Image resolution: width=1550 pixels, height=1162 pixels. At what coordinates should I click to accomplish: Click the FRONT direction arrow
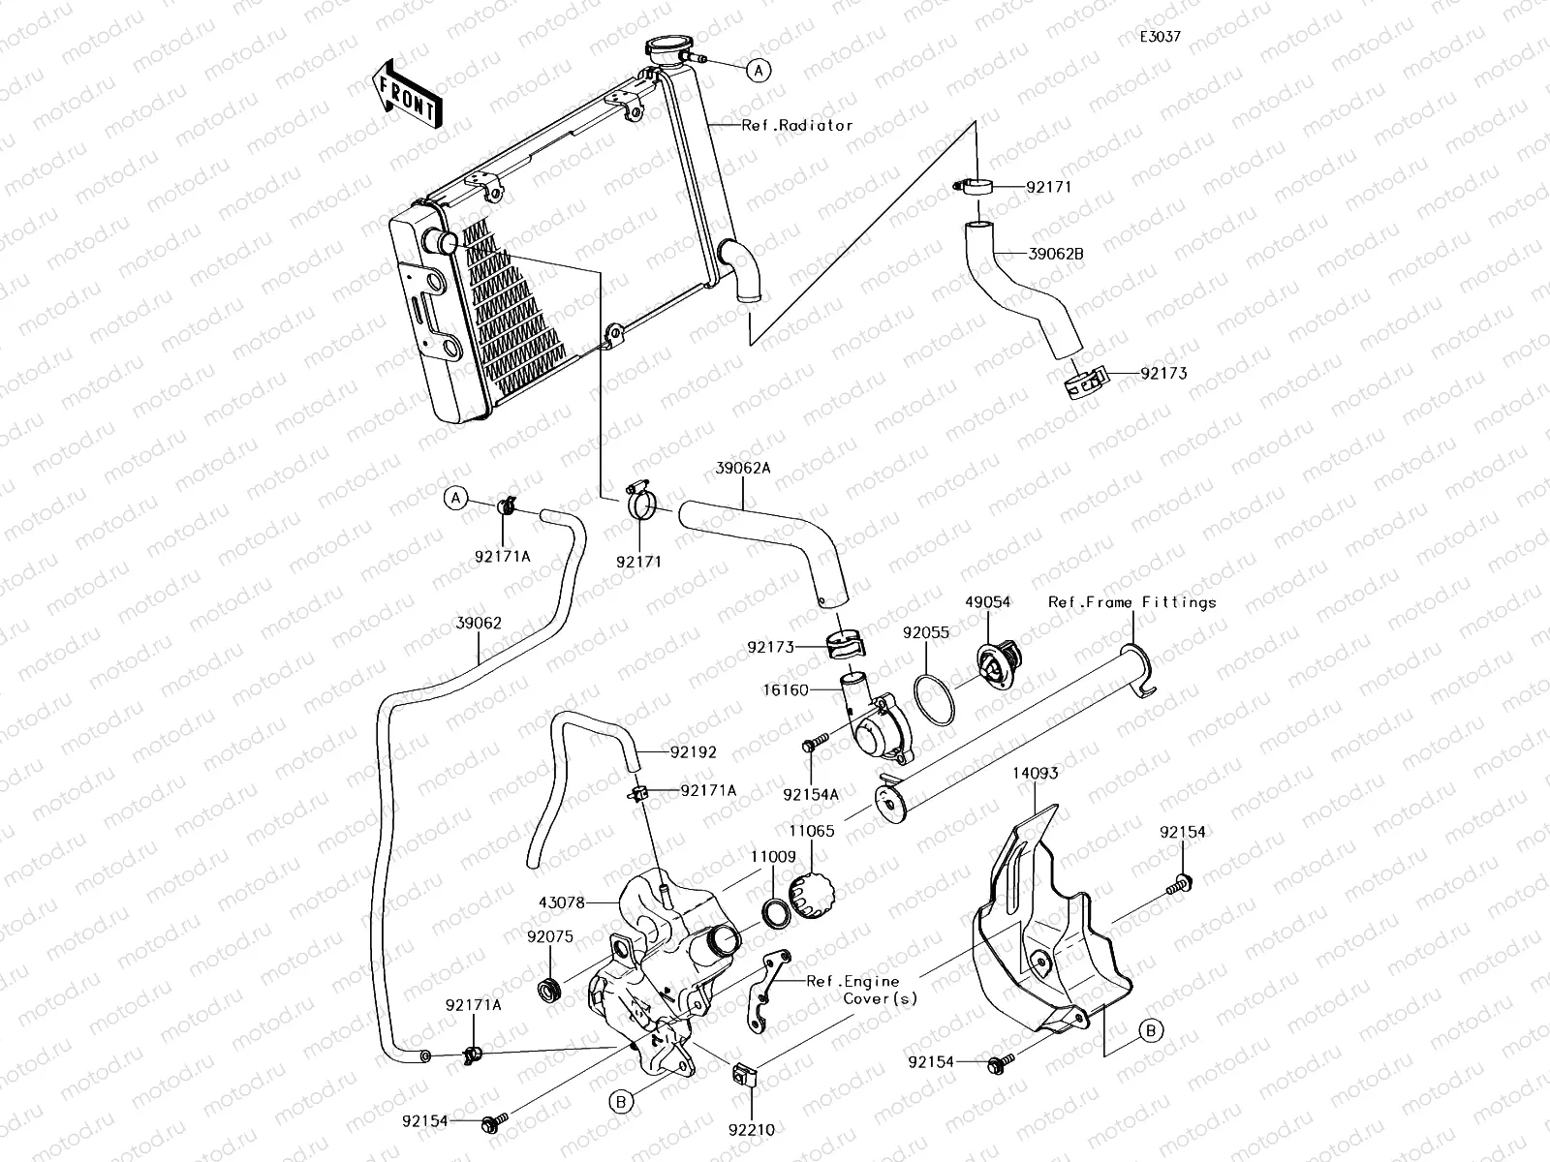(406, 95)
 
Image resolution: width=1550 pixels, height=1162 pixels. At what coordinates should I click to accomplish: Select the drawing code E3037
(1160, 37)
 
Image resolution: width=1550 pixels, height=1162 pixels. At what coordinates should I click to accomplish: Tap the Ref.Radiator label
(797, 125)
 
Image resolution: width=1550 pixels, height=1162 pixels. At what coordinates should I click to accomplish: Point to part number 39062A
(743, 468)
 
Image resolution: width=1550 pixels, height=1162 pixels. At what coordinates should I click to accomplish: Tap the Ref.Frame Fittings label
(1131, 602)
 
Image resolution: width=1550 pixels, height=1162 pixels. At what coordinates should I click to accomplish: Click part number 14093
(1036, 774)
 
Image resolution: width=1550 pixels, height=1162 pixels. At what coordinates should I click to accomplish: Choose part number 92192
(693, 751)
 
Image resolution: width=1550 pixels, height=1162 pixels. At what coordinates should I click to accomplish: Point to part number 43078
(562, 902)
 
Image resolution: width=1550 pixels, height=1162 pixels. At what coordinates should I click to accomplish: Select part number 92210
(753, 1128)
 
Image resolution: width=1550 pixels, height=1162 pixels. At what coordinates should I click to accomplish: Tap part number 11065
(812, 830)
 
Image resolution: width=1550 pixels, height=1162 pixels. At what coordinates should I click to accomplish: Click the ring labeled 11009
(775, 912)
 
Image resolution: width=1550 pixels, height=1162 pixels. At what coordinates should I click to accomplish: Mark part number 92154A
(811, 794)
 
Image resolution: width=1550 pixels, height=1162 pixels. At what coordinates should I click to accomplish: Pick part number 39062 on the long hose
(479, 624)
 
